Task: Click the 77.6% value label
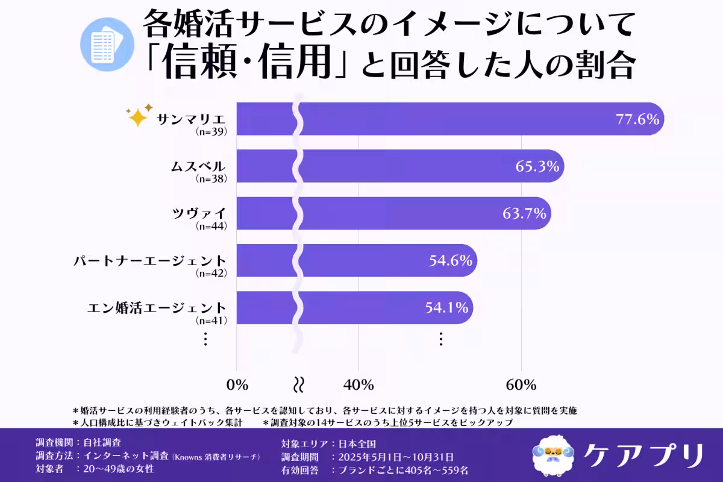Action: (637, 119)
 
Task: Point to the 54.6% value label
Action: (451, 260)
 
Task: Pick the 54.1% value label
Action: (446, 307)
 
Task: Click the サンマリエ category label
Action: (191, 118)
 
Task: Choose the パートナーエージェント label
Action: (150, 260)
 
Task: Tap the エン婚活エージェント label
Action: (157, 307)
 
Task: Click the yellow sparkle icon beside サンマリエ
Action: (137, 116)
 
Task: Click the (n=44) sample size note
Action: (211, 226)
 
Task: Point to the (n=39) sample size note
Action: (211, 131)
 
